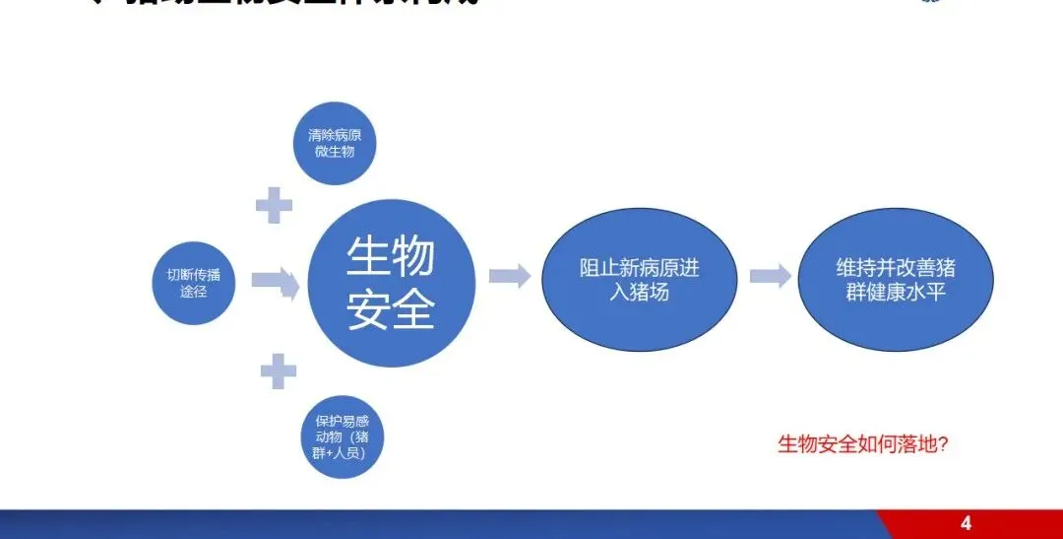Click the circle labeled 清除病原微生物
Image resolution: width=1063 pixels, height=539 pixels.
(x=335, y=144)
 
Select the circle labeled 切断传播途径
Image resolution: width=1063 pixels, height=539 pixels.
(x=194, y=283)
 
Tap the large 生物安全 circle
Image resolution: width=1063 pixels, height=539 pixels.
(x=391, y=284)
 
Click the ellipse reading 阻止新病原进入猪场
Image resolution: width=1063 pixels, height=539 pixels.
(x=640, y=279)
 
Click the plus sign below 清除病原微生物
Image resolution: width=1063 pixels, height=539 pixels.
(x=274, y=205)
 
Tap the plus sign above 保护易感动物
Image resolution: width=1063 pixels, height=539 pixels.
(x=278, y=371)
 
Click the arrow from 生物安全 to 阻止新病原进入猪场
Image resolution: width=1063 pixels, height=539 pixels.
(x=509, y=276)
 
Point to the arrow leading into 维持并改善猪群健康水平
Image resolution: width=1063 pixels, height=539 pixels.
(x=770, y=276)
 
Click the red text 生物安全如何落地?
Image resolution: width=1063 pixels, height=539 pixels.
(x=862, y=444)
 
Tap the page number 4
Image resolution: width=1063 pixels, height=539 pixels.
(x=966, y=522)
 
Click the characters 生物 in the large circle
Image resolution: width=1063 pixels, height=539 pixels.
(x=391, y=258)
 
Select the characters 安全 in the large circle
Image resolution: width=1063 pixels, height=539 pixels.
(x=391, y=310)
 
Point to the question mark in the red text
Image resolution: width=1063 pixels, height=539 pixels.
(x=942, y=444)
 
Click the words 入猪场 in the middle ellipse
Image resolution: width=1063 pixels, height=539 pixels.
(x=640, y=292)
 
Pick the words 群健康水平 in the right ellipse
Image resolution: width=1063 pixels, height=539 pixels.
(x=896, y=292)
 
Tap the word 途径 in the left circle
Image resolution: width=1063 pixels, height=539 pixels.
(x=194, y=292)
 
